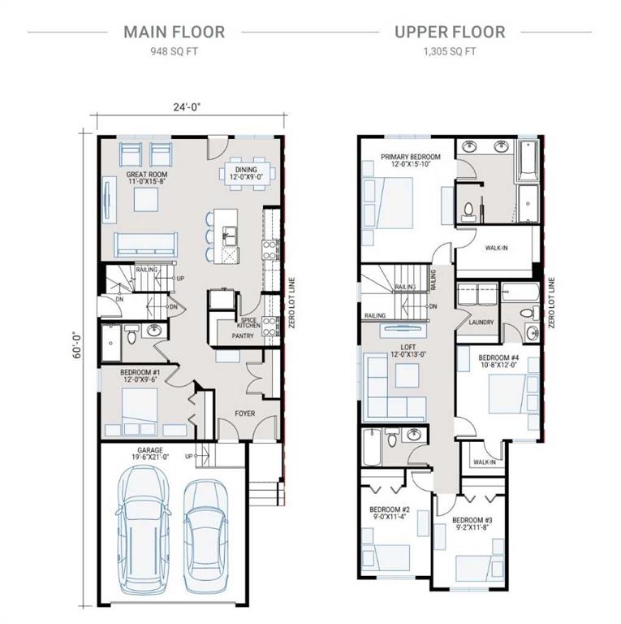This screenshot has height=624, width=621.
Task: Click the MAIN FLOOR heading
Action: click(174, 32)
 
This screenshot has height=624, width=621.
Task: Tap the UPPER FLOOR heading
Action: click(449, 32)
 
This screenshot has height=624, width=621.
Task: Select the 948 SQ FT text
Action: click(174, 50)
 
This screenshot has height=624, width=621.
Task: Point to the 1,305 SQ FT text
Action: click(449, 50)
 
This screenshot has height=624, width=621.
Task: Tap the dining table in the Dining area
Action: click(248, 173)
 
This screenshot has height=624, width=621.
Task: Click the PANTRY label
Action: click(243, 335)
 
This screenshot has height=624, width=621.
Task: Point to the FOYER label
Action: click(244, 414)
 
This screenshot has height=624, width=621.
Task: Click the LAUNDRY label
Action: click(481, 323)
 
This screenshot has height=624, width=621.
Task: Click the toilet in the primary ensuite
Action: click(468, 210)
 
